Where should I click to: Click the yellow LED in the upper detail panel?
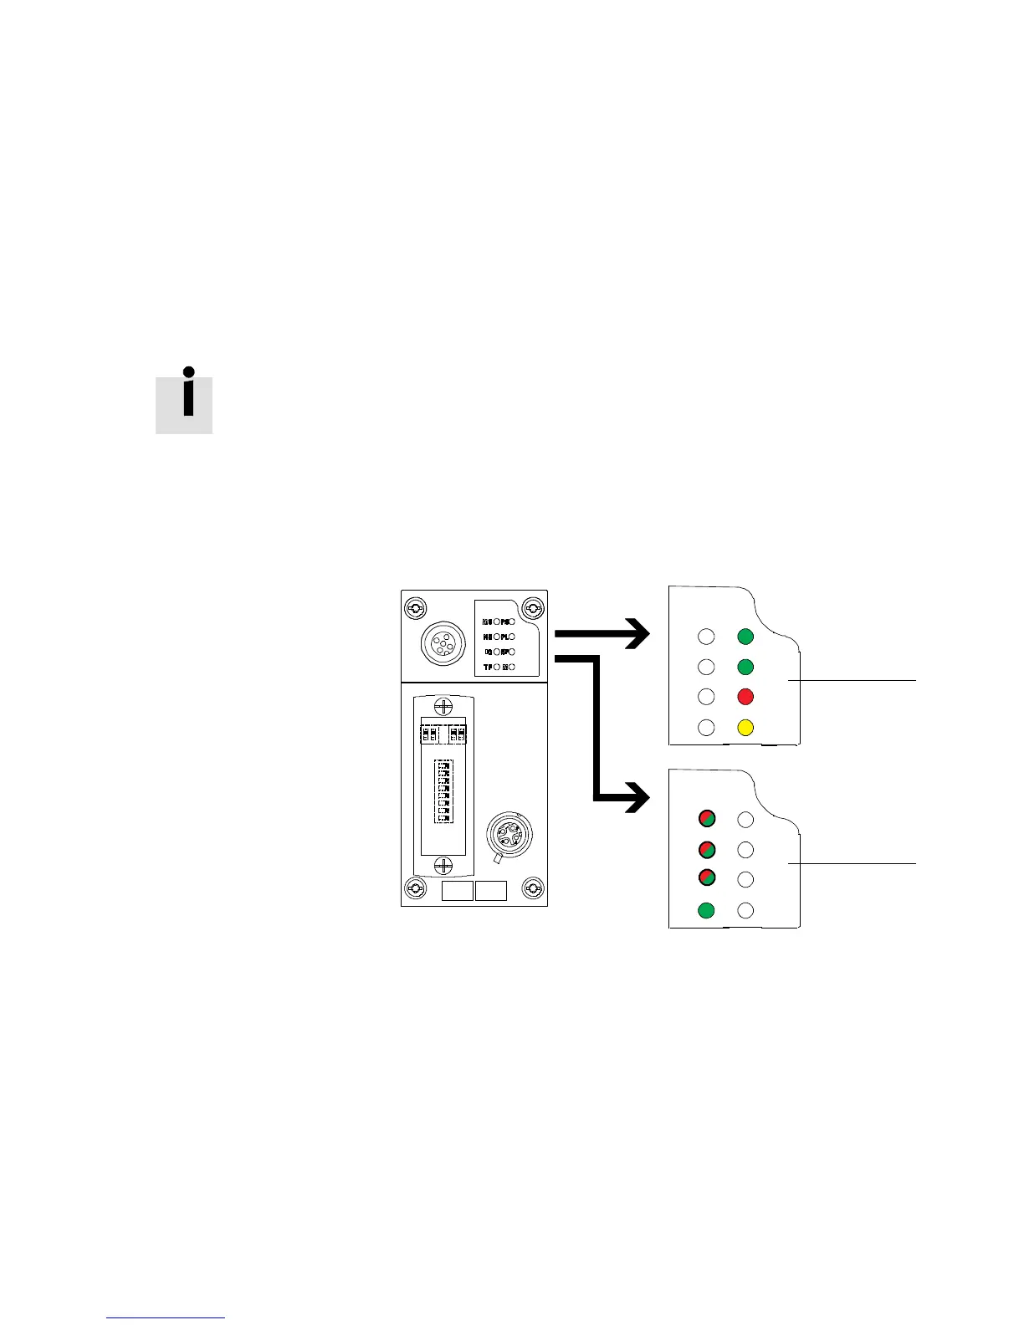click(745, 728)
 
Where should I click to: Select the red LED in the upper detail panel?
click(745, 697)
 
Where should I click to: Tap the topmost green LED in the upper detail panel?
click(745, 637)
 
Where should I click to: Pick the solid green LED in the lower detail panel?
click(707, 910)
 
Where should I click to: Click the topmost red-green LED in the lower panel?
click(707, 819)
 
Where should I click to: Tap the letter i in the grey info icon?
click(189, 394)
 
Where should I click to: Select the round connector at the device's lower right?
click(508, 833)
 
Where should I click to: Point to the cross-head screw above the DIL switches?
click(444, 705)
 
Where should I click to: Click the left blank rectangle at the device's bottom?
click(457, 890)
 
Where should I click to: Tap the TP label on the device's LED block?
click(487, 667)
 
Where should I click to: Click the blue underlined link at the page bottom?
click(166, 1317)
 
